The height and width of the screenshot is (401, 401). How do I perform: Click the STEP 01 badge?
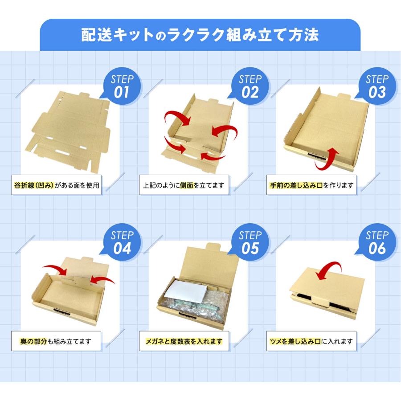click(x=122, y=86)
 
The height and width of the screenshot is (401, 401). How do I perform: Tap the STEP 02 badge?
click(x=250, y=86)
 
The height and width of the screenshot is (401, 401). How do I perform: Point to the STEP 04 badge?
click(x=122, y=242)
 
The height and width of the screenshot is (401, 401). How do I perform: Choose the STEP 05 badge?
click(x=250, y=242)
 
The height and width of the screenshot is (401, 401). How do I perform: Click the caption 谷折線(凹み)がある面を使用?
click(x=57, y=185)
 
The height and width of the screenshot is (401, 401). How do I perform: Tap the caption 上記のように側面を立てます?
click(x=184, y=185)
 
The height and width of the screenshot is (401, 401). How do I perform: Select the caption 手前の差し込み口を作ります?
click(x=311, y=185)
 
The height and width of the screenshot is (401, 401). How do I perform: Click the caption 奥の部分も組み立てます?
click(x=56, y=341)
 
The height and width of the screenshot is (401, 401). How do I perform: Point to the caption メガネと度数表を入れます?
click(x=184, y=341)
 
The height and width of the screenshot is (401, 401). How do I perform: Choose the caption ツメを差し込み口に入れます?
click(x=311, y=341)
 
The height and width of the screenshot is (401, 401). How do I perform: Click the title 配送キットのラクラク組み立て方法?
click(x=200, y=35)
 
